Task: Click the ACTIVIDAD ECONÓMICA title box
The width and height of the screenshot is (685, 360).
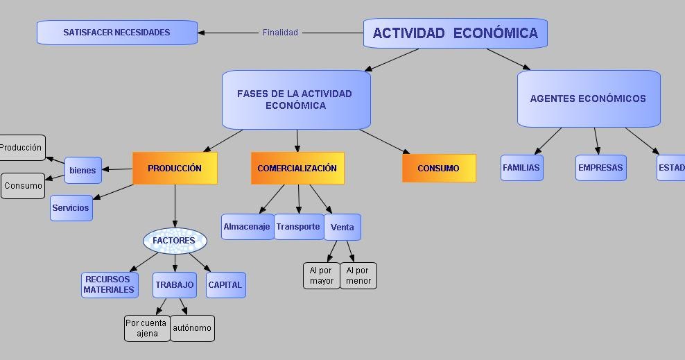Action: [455, 33]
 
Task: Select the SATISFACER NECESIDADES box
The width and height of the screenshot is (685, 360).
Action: [116, 33]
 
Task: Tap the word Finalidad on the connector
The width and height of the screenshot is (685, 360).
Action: [280, 33]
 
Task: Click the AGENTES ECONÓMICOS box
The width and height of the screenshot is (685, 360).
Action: [588, 98]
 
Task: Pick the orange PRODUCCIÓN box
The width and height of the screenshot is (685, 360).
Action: [175, 169]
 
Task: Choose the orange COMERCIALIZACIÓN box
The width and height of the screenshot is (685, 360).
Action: [297, 169]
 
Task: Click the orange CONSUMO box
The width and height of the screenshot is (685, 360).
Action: [438, 169]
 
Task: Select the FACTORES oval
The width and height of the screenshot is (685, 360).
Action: [175, 241]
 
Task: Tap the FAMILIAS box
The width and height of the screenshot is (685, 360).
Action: [521, 168]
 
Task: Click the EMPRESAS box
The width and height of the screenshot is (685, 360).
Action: [600, 168]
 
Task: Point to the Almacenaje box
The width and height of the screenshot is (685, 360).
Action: [247, 227]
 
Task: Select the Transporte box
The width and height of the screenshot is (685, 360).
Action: [298, 227]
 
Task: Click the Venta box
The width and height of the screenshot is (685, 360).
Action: [342, 228]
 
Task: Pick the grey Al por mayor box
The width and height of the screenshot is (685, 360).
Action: [322, 275]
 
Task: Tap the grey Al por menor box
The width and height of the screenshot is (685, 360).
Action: [358, 275]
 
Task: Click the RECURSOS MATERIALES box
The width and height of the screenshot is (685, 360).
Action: [109, 284]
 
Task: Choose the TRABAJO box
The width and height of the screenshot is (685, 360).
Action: [175, 284]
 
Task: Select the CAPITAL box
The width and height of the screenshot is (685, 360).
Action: [225, 284]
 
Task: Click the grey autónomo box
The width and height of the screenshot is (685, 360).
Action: [192, 328]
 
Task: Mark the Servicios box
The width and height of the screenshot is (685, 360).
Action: [71, 208]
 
